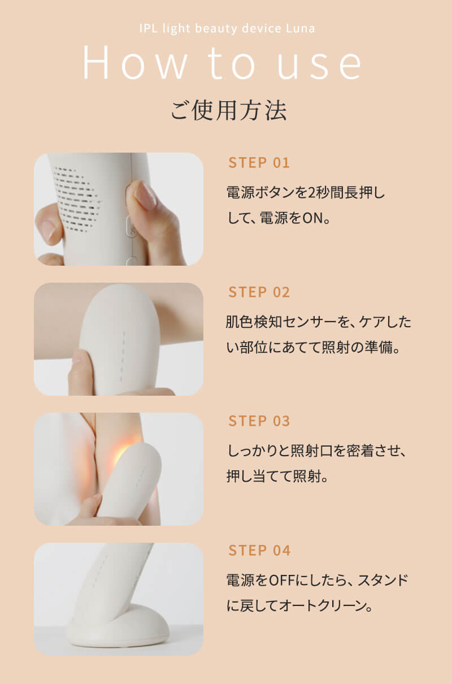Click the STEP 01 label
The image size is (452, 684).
(259, 163)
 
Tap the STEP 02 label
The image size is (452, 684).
(259, 292)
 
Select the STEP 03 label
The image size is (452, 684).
(259, 421)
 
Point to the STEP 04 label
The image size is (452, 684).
(259, 551)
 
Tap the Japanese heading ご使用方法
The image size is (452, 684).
(229, 110)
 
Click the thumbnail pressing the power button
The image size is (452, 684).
(119, 209)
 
